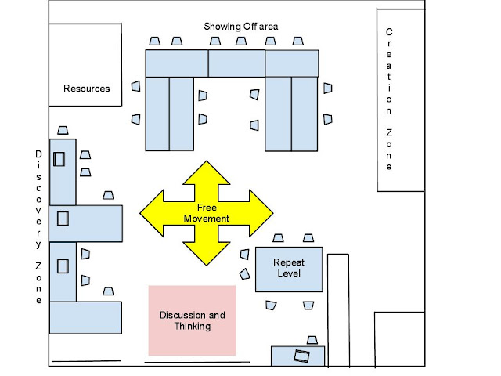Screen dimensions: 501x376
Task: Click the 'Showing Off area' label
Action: [241, 26]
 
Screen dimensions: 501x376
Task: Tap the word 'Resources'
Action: [87, 89]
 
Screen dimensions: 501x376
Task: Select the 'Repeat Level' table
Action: [289, 269]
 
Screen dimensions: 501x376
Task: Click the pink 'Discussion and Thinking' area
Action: [192, 320]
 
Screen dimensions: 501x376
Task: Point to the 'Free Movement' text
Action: [207, 213]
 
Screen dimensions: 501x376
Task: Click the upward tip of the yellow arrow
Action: [207, 161]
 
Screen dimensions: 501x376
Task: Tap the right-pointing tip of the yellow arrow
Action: [273, 213]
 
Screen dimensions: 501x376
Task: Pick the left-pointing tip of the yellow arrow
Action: [140, 213]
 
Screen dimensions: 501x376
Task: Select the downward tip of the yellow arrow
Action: [207, 265]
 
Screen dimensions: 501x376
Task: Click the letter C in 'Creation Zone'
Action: [389, 32]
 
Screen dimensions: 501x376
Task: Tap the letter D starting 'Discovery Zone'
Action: [38, 154]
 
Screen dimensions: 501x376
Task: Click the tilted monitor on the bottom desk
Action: [302, 356]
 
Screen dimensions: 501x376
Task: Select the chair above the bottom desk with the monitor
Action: [312, 340]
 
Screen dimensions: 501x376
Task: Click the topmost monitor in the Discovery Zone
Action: [59, 159]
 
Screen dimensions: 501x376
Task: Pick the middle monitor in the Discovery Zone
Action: [63, 219]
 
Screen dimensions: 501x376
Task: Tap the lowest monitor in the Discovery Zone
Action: [63, 266]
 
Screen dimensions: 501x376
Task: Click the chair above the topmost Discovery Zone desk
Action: [63, 131]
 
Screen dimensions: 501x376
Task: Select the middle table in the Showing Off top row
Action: [236, 63]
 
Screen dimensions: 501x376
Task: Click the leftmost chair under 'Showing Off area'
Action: [155, 42]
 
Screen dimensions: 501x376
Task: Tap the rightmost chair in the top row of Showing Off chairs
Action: [298, 42]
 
